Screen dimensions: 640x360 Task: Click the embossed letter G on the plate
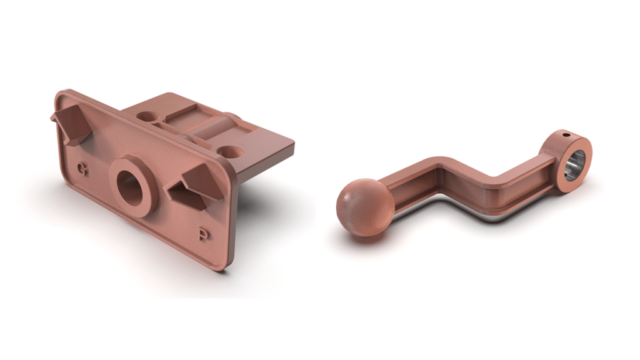click(x=83, y=169)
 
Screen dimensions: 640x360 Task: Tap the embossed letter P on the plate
click(x=204, y=234)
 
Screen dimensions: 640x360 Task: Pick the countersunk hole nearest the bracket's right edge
click(x=230, y=152)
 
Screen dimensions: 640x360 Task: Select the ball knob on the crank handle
click(x=365, y=207)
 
